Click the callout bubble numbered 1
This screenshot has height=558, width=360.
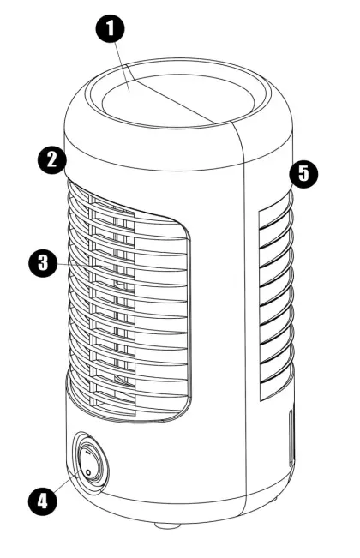click(109, 27)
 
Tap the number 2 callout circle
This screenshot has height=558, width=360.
click(52, 159)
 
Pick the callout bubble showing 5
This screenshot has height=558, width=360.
click(303, 174)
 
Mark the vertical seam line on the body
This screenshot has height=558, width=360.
click(249, 300)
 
